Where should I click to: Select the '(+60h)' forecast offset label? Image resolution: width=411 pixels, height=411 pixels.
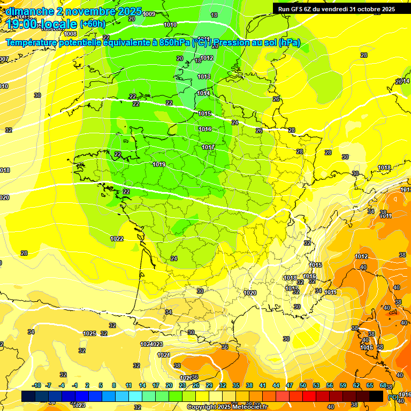[x=93, y=24]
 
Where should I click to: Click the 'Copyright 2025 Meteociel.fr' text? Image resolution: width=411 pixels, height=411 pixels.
[x=227, y=407]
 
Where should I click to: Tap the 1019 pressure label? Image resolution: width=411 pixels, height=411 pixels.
[x=158, y=164]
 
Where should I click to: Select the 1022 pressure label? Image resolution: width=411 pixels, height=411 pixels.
[x=116, y=239]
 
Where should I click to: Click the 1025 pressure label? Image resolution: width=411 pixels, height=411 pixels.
[x=89, y=333]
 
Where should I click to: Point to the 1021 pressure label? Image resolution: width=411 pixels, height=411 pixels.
[x=163, y=355]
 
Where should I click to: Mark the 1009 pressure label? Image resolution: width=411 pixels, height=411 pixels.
[x=149, y=14]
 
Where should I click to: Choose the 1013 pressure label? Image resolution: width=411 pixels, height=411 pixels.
[x=203, y=77]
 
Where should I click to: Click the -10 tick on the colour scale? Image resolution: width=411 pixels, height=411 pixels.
[x=36, y=385]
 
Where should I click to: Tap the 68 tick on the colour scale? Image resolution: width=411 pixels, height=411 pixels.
[x=383, y=385]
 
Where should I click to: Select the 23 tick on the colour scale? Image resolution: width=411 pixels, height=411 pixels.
[x=182, y=385]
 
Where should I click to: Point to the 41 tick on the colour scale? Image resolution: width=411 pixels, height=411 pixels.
[x=262, y=385]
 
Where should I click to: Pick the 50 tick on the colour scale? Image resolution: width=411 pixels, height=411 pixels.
[x=302, y=385]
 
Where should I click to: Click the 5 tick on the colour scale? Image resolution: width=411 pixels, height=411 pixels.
[x=101, y=385]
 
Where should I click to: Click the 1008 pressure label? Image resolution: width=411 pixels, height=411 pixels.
[x=70, y=34]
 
